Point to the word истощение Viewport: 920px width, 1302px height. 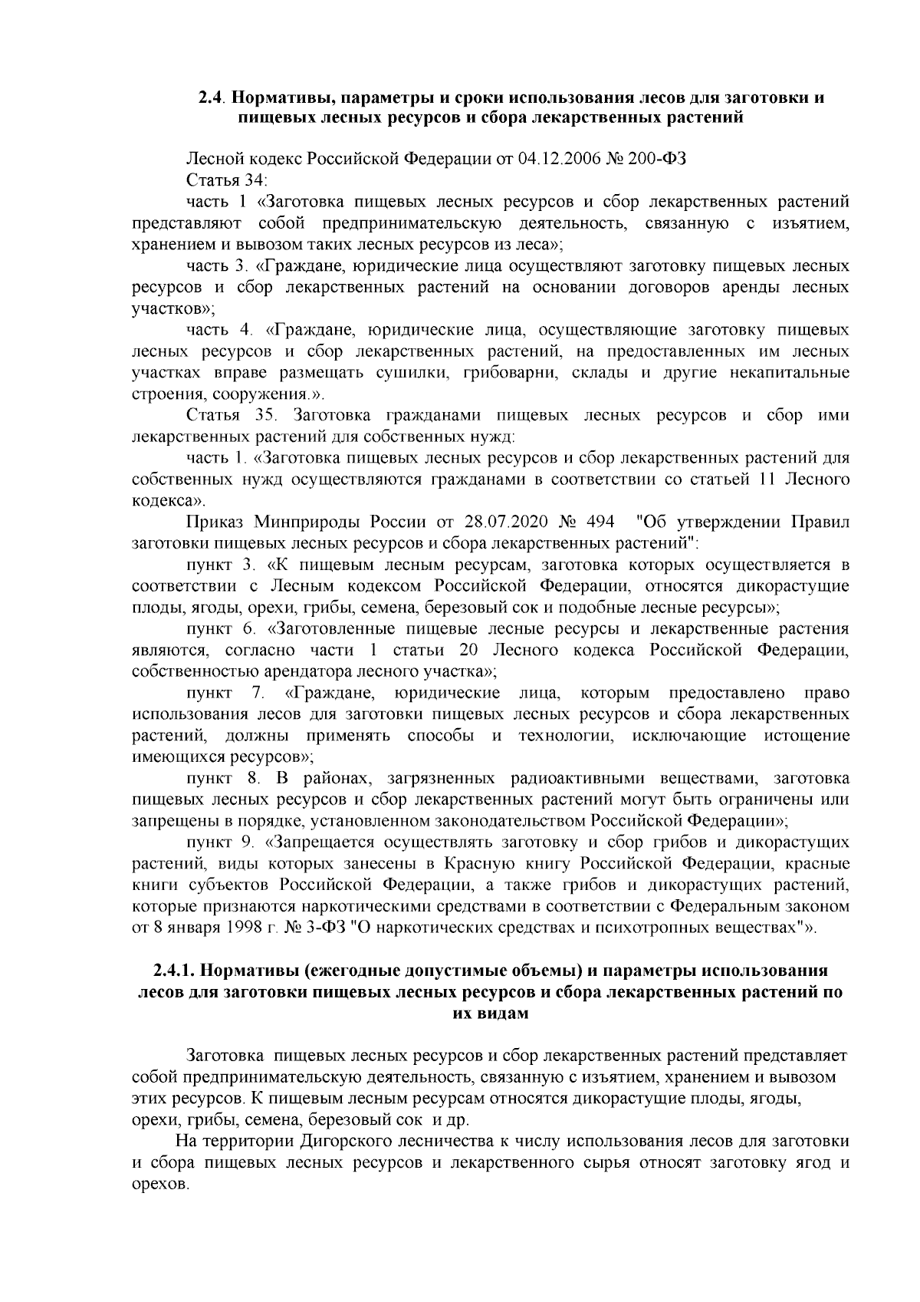(807, 736)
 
